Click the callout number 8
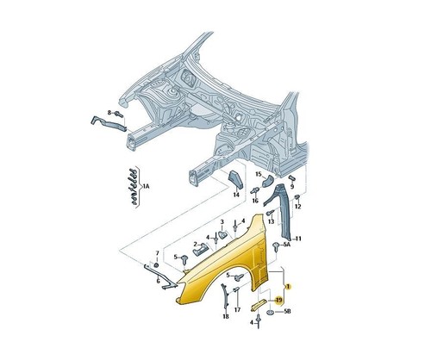pos(109,113)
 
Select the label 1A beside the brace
pos(146,187)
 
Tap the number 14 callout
pos(236,195)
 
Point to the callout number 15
pos(259,174)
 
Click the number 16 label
pos(255,201)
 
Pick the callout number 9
pos(292,186)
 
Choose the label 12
pos(298,207)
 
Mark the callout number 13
pos(272,221)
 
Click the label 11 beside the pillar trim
pos(298,239)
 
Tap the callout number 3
pos(222,221)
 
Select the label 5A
pos(287,245)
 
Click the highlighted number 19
pos(278,301)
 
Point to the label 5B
pos(287,311)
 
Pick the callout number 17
pos(237,310)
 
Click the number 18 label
pos(226,316)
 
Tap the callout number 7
pos(157,253)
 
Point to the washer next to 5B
pos(272,312)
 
